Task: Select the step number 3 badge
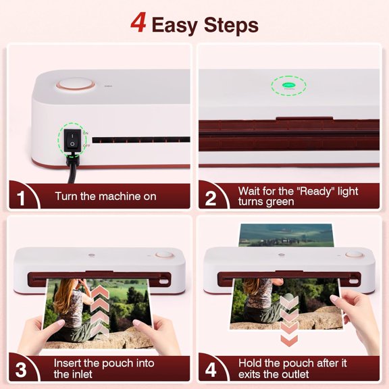[x=20, y=369]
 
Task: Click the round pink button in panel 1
[x=68, y=86]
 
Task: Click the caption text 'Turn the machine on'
[x=105, y=197]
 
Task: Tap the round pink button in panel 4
[x=352, y=257]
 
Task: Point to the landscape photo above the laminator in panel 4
[x=287, y=235]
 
